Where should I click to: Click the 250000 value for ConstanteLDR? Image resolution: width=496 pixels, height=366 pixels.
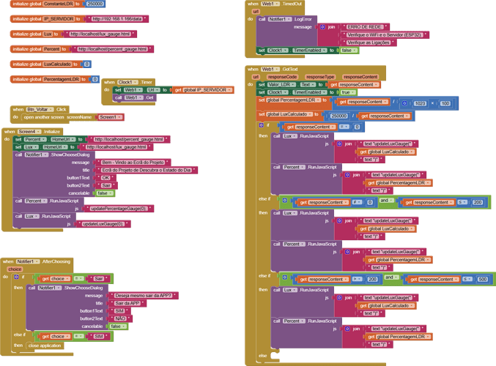tap(95, 4)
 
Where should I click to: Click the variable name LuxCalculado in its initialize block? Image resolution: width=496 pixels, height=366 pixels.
tap(59, 64)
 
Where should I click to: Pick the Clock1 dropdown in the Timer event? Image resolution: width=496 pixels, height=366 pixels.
tap(126, 82)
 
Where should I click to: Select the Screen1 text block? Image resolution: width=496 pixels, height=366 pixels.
tap(109, 117)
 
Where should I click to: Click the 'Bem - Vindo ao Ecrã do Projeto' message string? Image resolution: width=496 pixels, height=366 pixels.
tap(133, 163)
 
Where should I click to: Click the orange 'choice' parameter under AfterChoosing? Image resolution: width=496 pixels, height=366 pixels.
tap(15, 269)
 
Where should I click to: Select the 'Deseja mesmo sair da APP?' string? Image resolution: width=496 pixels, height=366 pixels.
tap(143, 295)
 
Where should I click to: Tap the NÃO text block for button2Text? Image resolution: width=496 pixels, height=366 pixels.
tap(120, 318)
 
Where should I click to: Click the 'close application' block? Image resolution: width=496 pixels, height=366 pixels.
tap(45, 345)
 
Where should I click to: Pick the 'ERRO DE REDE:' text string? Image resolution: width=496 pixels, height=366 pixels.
tap(364, 26)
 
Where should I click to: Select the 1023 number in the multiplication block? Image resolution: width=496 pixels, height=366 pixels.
tap(420, 103)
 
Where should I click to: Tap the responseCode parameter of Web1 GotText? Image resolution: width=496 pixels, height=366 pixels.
tap(282, 76)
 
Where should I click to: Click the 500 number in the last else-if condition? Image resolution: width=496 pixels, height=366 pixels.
tap(482, 279)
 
